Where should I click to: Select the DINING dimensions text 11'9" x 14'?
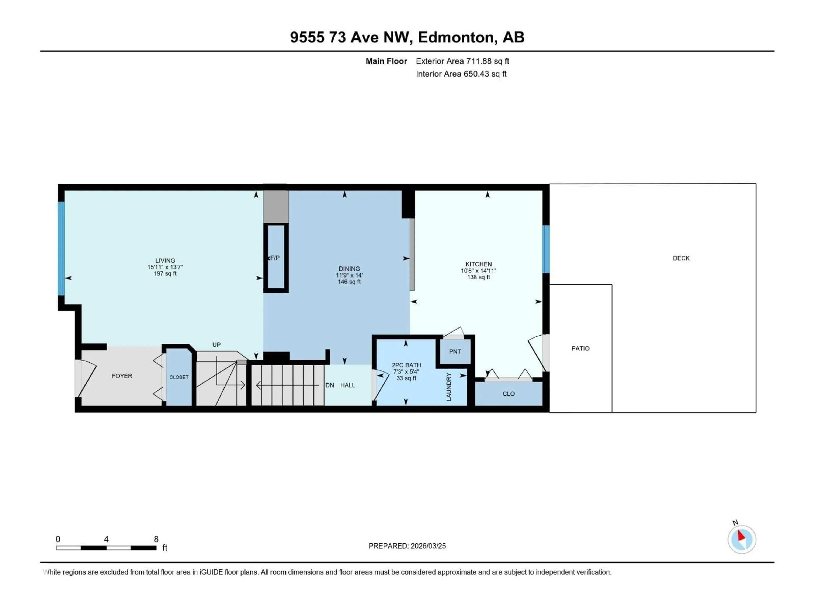(349, 275)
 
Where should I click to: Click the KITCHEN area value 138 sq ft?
(478, 277)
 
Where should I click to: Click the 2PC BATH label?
(406, 365)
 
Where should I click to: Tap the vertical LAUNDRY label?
(448, 387)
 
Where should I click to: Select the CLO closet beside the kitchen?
(509, 394)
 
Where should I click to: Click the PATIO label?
(580, 348)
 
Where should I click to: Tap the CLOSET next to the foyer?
(179, 377)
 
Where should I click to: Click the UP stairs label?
(216, 344)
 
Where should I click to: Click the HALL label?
(347, 385)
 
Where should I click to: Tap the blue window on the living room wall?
(61, 248)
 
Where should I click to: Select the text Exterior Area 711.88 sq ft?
(462, 61)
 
